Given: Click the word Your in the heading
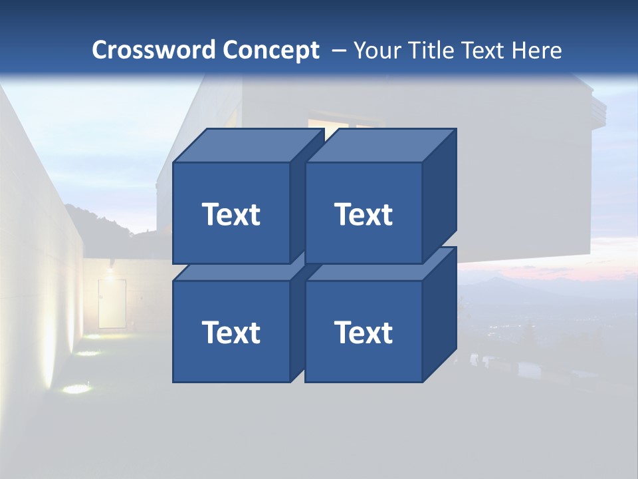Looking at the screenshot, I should (x=377, y=50).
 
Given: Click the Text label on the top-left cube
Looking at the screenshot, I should (x=231, y=214).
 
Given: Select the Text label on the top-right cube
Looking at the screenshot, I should (x=364, y=214).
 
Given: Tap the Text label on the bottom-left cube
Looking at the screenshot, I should (x=231, y=332).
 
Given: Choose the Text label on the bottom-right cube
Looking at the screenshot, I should (x=364, y=332).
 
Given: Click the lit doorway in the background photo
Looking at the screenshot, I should (x=112, y=303).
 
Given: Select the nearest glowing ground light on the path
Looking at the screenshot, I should (x=77, y=388).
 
